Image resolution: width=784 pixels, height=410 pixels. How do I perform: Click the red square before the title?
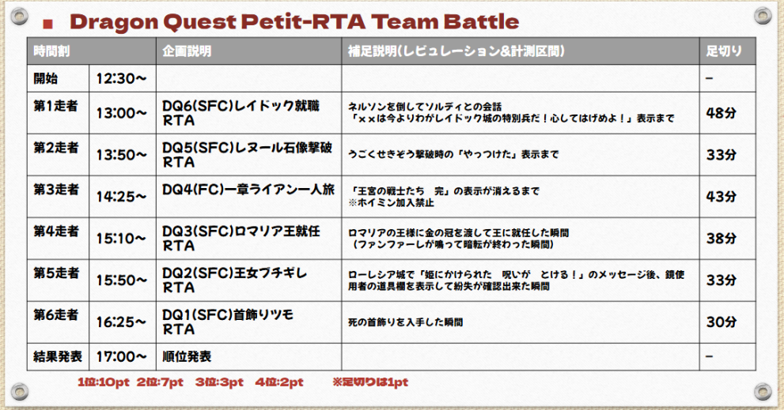click(x=48, y=24)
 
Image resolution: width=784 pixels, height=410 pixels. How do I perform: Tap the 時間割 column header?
click(x=51, y=51)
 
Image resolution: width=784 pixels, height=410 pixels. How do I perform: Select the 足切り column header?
click(x=724, y=51)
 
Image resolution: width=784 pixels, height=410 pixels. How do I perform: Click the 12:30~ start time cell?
click(x=122, y=78)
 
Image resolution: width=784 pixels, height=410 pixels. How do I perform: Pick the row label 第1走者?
click(x=55, y=106)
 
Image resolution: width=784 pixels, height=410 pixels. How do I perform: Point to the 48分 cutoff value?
click(x=721, y=113)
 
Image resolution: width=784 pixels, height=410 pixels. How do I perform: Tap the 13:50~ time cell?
click(x=122, y=155)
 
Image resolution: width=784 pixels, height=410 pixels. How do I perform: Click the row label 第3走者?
click(x=56, y=190)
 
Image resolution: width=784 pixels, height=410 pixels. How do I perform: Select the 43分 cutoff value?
click(x=721, y=196)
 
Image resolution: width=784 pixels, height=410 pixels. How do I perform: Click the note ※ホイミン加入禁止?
click(x=391, y=203)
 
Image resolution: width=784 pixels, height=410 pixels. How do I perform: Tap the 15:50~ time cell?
click(x=122, y=280)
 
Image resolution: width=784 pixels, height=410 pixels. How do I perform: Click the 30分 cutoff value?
click(x=721, y=322)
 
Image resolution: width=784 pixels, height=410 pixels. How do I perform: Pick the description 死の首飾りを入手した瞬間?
click(x=406, y=322)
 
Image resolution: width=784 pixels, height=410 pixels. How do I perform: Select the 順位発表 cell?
click(x=187, y=356)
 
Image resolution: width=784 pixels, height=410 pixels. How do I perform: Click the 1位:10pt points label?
click(x=104, y=382)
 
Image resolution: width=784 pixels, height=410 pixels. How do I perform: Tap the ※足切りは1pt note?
click(x=370, y=382)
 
